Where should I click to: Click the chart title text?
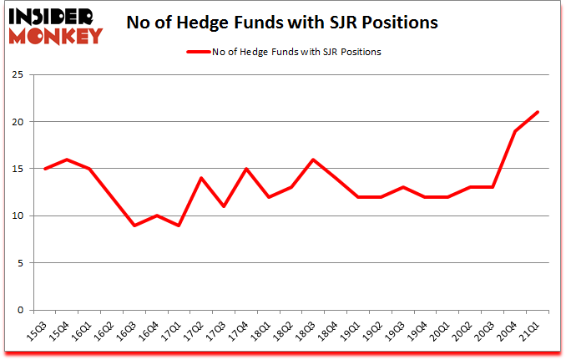(x=282, y=23)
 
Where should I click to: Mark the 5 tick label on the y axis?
(x=18, y=263)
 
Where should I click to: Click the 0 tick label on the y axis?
(x=18, y=310)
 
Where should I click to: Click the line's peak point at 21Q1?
(x=538, y=113)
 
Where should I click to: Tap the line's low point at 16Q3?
(x=134, y=226)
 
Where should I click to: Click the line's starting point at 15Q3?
(x=45, y=169)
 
